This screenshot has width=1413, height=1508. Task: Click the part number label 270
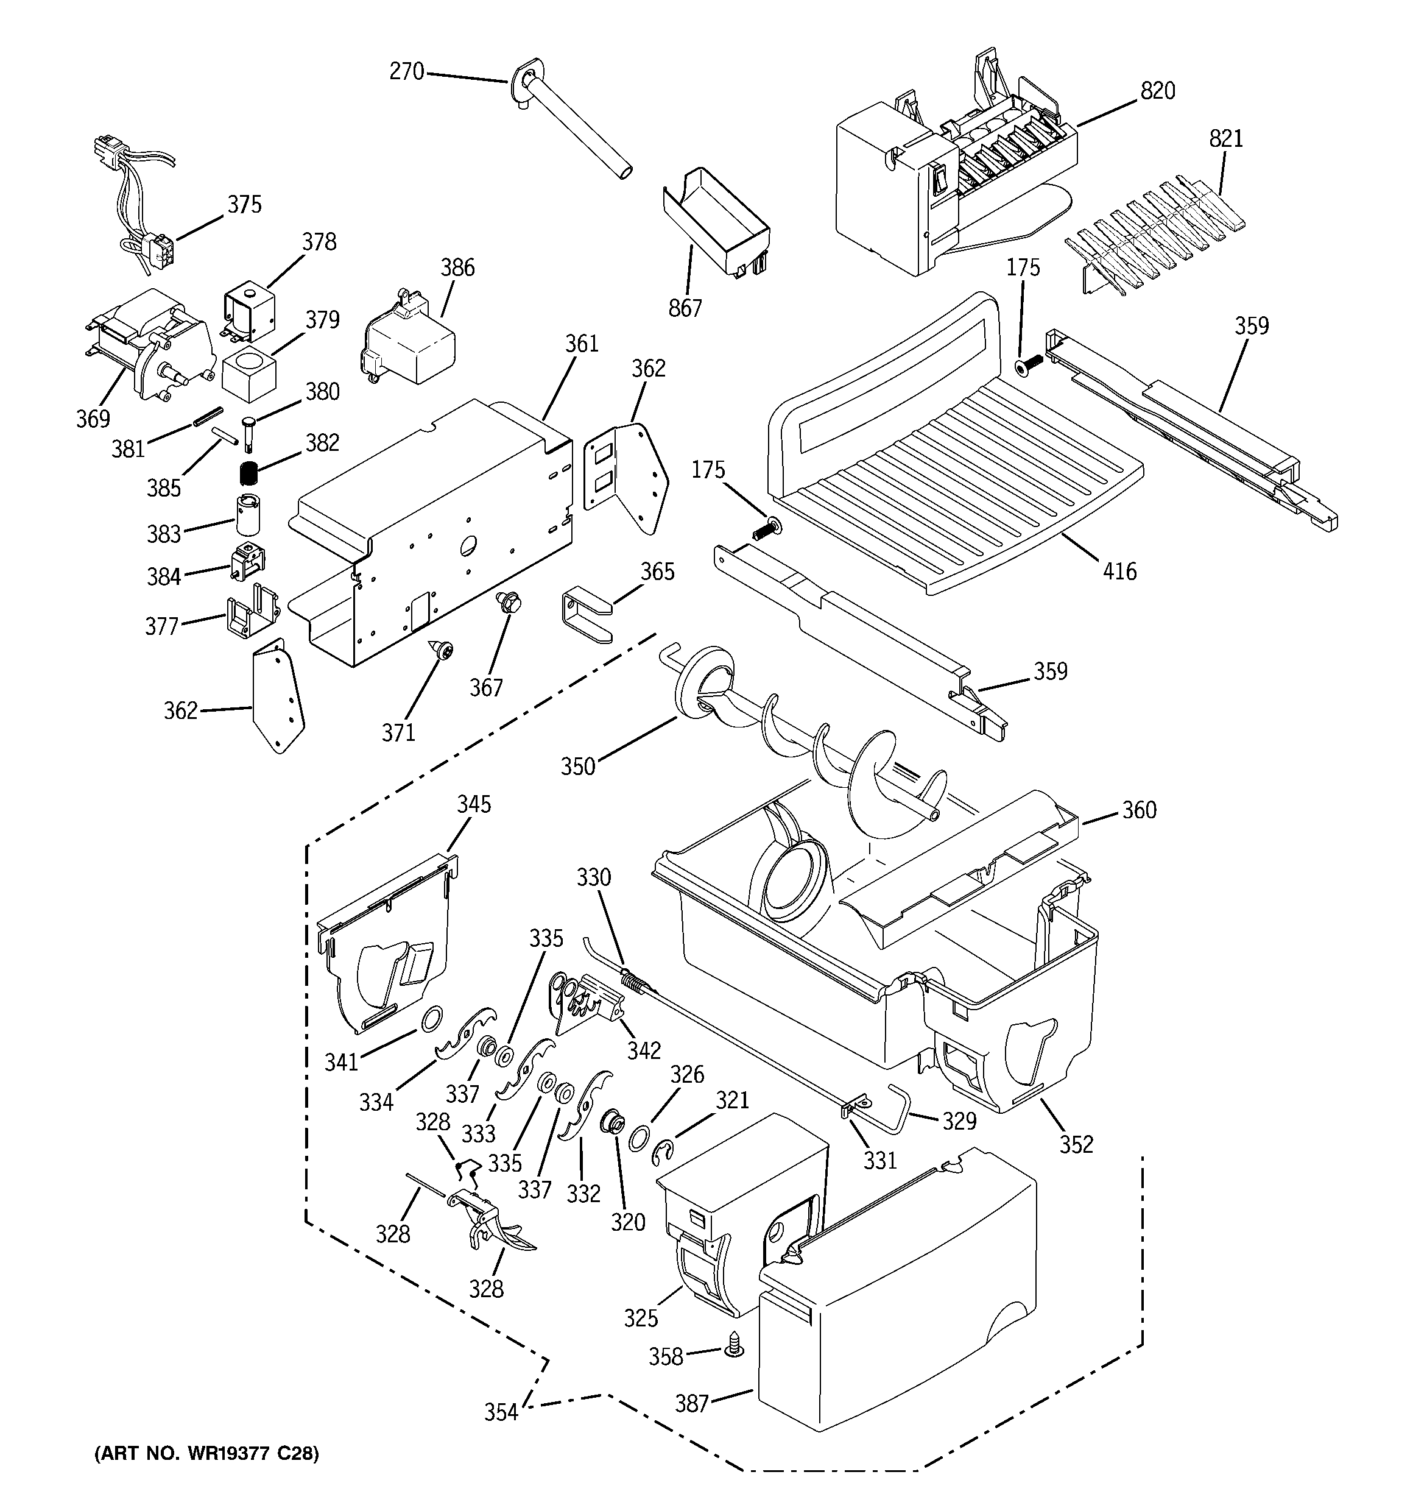point(406,71)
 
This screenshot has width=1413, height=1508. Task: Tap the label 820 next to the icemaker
point(1157,91)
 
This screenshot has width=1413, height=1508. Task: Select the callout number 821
point(1225,139)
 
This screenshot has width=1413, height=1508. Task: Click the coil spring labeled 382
point(248,473)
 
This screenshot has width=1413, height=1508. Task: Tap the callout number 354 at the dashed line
point(501,1412)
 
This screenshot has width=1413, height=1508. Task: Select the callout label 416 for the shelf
point(1120,571)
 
